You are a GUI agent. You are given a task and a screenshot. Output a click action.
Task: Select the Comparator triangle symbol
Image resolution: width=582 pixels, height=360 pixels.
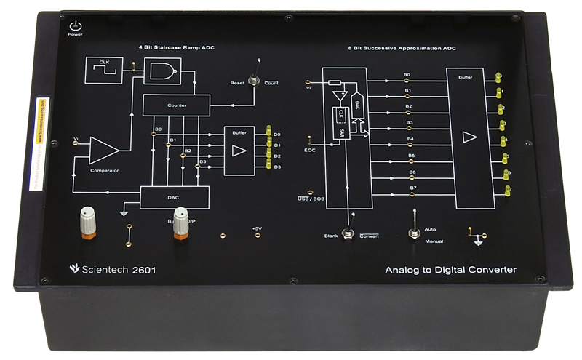click(103, 151)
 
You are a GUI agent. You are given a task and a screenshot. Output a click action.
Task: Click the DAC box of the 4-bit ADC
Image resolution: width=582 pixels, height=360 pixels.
click(174, 197)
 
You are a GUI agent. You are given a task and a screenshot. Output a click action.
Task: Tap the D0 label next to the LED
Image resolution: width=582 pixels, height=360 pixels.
click(277, 135)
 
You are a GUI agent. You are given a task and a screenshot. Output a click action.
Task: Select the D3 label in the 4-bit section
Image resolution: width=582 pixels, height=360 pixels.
click(277, 167)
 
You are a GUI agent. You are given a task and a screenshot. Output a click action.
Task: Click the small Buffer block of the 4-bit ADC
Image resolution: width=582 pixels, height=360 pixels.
click(239, 150)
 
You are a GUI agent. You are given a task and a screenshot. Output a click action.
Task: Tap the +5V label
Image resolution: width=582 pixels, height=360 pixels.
click(256, 228)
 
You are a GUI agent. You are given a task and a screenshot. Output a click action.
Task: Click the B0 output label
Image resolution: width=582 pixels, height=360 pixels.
click(407, 75)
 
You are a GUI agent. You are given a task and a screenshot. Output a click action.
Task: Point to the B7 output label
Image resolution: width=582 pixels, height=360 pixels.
click(412, 188)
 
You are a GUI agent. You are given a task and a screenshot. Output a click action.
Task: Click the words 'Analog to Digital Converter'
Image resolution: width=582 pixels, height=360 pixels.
click(450, 270)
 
